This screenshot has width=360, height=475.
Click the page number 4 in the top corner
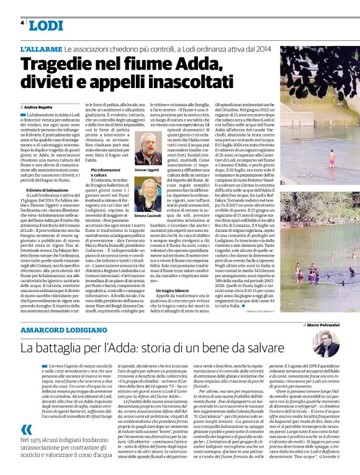22,22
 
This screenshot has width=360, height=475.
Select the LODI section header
46,25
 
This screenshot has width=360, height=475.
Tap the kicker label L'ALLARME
40,48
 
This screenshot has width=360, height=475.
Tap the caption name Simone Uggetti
147,169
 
